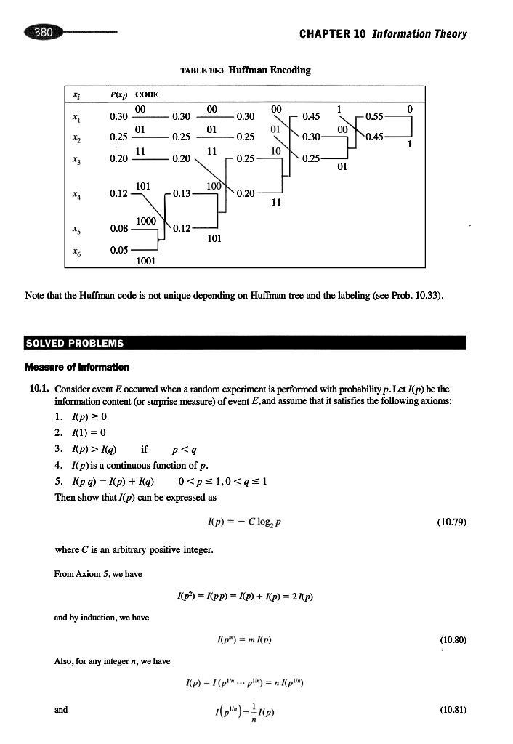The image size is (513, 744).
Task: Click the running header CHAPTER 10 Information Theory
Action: tap(383, 33)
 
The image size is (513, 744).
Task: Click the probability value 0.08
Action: tap(118, 230)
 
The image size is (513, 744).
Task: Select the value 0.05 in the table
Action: tap(118, 250)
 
